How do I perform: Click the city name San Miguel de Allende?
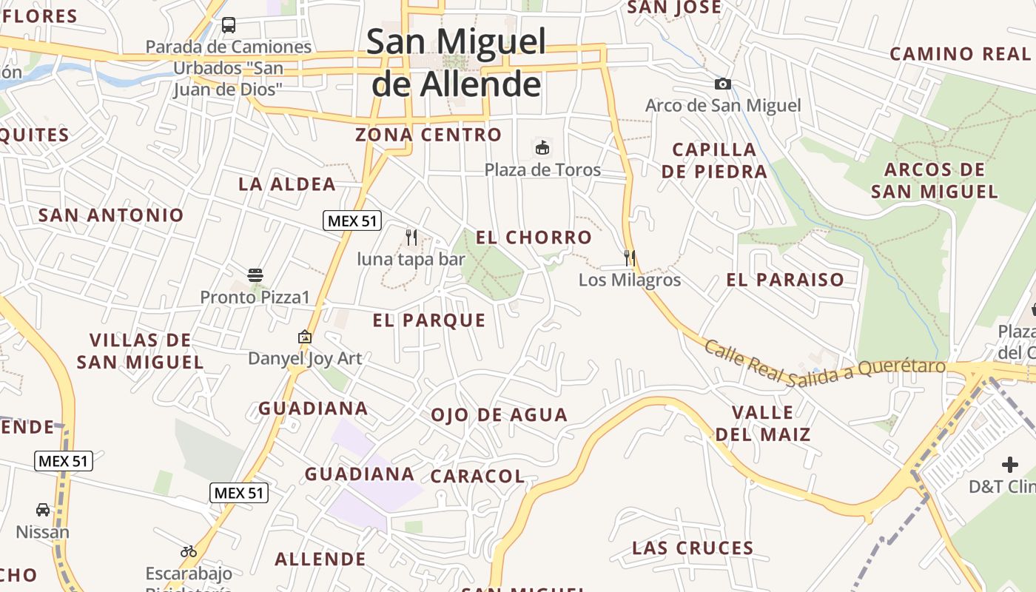tap(456, 63)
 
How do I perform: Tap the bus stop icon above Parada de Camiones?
tap(229, 25)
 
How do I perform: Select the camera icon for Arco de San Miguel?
tap(723, 84)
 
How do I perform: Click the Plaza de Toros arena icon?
tap(542, 148)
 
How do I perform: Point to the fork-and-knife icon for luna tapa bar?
tap(412, 238)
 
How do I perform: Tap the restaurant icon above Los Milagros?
tap(630, 258)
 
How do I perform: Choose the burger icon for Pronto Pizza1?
tap(255, 276)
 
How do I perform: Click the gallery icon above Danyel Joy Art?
tap(304, 337)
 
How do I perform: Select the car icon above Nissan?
tap(43, 510)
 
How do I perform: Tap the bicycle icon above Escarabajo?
tap(189, 551)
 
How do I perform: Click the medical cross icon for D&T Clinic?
tap(1010, 465)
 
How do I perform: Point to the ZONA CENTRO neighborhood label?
tap(428, 135)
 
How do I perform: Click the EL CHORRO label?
tap(534, 238)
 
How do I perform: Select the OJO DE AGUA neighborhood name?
tap(499, 415)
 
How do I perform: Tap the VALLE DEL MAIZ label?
tap(763, 423)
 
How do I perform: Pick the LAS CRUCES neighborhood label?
tap(693, 548)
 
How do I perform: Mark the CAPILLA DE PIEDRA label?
tap(714, 161)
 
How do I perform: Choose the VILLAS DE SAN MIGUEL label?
tap(140, 351)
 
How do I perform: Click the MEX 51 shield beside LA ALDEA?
tap(352, 221)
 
